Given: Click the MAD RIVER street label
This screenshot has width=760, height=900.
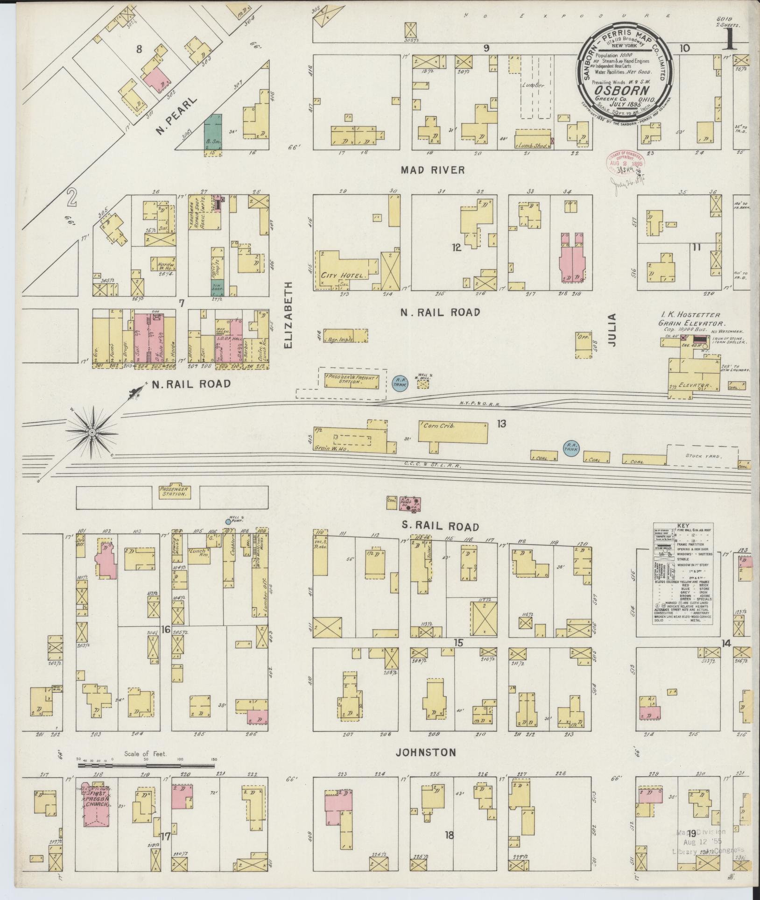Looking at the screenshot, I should [x=433, y=170].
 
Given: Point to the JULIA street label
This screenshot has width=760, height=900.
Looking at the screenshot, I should [x=612, y=330].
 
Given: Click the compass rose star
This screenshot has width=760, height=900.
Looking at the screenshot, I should [x=92, y=433].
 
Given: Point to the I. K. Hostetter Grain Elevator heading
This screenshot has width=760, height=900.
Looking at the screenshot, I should [x=691, y=319].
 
